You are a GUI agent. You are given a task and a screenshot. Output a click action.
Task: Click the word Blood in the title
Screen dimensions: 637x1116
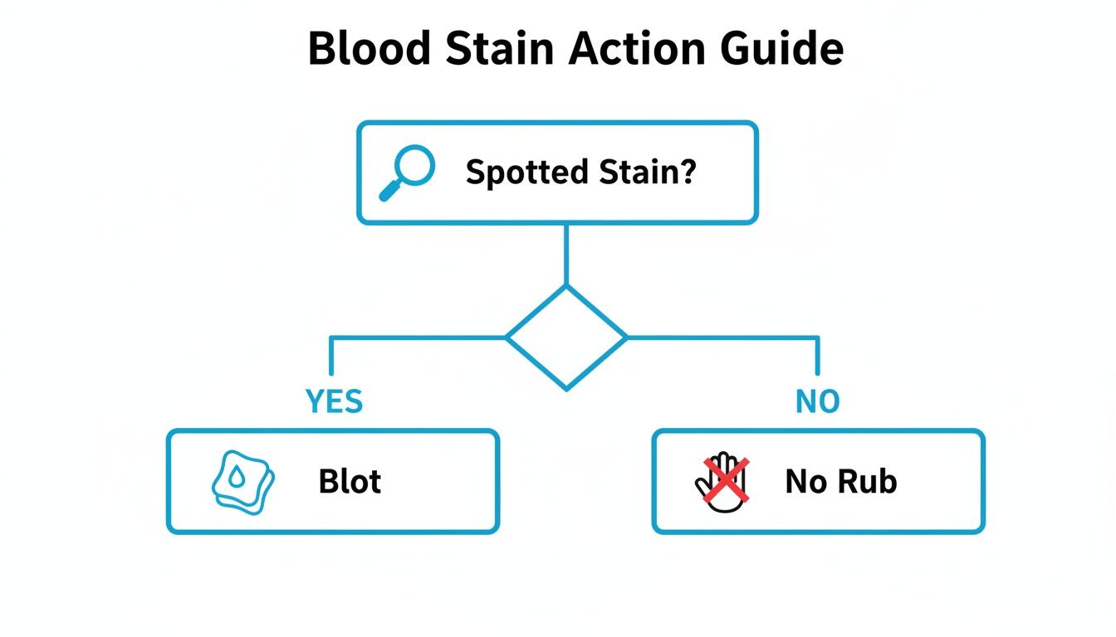pos(369,49)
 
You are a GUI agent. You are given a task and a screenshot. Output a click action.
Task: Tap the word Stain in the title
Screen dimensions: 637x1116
pos(497,49)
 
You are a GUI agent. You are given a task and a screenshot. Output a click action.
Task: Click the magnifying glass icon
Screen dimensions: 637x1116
pos(406,172)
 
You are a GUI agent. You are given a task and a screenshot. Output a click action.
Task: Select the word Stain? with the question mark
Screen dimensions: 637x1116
pos(647,172)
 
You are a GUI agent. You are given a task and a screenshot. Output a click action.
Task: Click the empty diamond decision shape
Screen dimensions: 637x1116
pos(566,338)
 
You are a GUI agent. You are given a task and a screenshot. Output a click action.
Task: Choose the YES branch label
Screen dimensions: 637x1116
pos(334,401)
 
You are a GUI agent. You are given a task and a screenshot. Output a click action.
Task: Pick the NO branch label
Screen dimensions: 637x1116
pos(817,401)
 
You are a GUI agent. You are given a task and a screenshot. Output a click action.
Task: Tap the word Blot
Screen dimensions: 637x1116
pos(350,481)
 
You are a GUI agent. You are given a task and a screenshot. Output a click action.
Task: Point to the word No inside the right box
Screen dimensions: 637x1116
pos(805,481)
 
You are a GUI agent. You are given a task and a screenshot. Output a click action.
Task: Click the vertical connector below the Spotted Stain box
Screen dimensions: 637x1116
pos(566,253)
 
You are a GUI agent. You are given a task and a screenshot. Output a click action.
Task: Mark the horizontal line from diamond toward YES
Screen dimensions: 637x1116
pos(415,338)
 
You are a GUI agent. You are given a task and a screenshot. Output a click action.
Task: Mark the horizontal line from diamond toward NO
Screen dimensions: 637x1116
pos(722,338)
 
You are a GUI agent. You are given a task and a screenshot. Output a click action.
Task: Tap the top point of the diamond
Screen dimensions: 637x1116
pos(566,287)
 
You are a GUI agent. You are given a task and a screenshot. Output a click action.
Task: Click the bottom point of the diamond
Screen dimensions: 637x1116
pos(566,388)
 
